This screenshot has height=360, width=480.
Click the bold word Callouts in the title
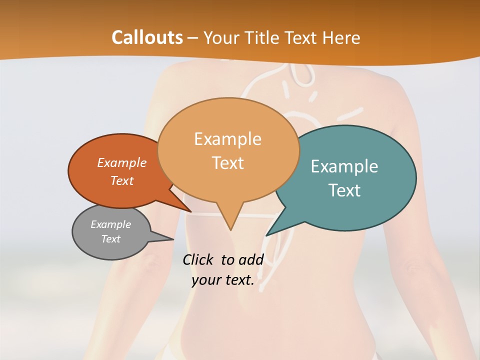(147, 37)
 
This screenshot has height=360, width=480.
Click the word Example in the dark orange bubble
(122, 162)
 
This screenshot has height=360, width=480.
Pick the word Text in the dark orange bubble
(122, 180)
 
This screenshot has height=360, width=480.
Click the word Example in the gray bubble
(111, 224)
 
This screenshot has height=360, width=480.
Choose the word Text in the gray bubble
(111, 239)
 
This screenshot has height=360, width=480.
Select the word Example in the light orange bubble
(228, 139)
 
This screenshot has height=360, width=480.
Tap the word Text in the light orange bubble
(228, 163)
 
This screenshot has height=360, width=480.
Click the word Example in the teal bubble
(344, 166)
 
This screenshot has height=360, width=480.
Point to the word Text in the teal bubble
(344, 190)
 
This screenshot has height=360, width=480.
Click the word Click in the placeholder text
(199, 259)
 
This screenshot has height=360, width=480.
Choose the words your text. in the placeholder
(223, 280)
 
